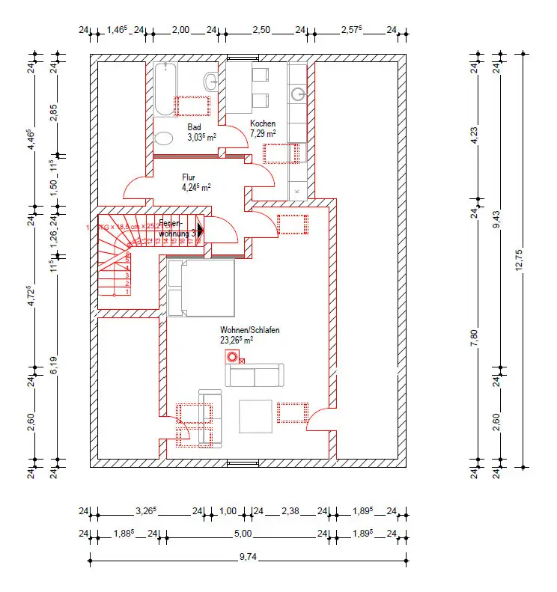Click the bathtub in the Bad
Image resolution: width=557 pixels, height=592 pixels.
(164, 88)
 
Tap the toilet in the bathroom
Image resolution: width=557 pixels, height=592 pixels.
(163, 139)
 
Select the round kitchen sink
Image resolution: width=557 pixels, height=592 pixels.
(299, 94)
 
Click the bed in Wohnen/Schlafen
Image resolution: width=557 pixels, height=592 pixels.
(201, 287)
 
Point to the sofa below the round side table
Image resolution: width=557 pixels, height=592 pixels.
(255, 374)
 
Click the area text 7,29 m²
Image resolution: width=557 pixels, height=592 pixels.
(264, 133)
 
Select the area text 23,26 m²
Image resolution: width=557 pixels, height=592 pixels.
(237, 339)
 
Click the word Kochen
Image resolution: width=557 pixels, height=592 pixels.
(263, 123)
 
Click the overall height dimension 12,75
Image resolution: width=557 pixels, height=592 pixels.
(519, 259)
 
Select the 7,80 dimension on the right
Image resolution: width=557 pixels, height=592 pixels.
(474, 334)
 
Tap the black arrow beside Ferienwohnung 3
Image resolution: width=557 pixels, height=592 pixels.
(199, 231)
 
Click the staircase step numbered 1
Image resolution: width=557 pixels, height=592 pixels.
(128, 291)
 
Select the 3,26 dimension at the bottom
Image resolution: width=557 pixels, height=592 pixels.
(144, 512)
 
